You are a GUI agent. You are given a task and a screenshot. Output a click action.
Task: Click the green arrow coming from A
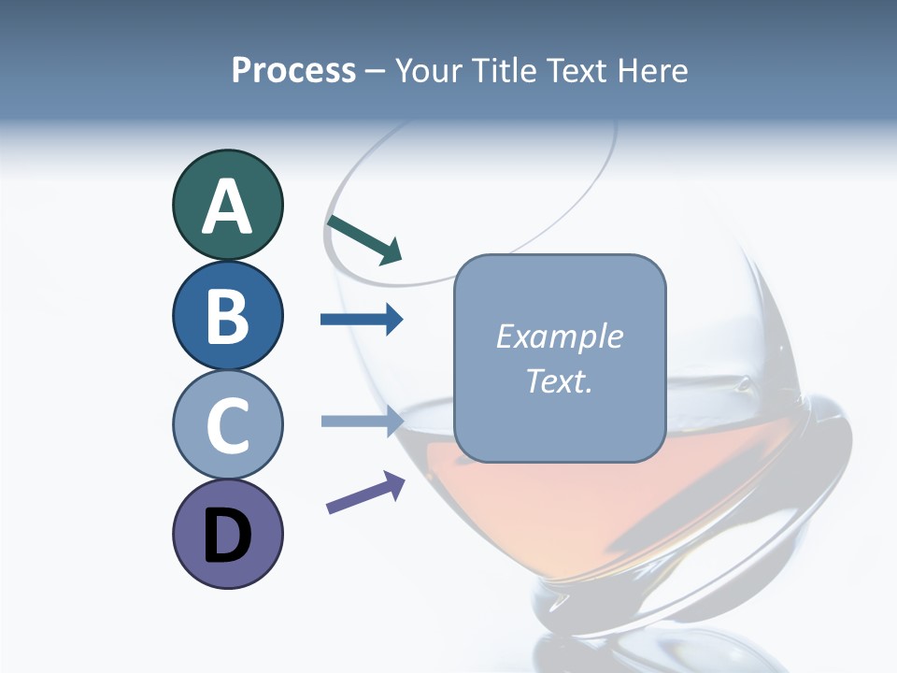pyautogui.click(x=364, y=239)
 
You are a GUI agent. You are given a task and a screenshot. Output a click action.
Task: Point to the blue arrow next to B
pyautogui.click(x=362, y=320)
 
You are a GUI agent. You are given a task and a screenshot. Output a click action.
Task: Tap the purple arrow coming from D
pyautogui.click(x=365, y=493)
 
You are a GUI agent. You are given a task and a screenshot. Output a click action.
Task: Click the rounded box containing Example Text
pyautogui.click(x=560, y=359)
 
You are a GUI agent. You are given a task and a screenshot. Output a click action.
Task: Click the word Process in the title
pyautogui.click(x=293, y=70)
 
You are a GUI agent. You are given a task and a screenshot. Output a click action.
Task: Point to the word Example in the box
pyautogui.click(x=559, y=336)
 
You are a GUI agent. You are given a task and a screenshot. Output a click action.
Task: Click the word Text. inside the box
pyautogui.click(x=559, y=380)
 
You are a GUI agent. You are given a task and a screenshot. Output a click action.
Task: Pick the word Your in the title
pyautogui.click(x=427, y=70)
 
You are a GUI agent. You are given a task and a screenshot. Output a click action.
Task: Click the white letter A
pyautogui.click(x=227, y=207)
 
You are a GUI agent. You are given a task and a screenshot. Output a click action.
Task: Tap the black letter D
pyautogui.click(x=227, y=537)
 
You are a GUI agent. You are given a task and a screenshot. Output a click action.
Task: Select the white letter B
pyautogui.click(x=227, y=316)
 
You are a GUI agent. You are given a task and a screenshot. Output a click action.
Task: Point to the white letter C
pyautogui.click(x=227, y=425)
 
